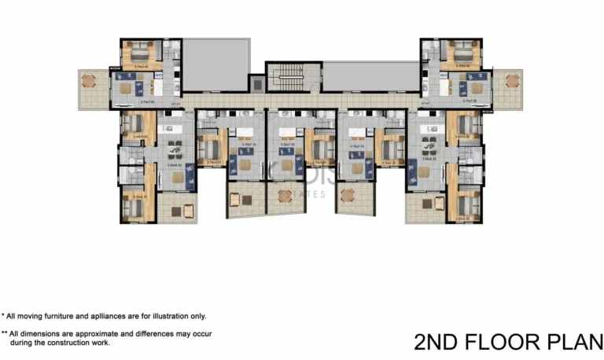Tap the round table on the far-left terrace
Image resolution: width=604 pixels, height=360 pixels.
point(88,80)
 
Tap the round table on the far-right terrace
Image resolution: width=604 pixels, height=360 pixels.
point(513,80)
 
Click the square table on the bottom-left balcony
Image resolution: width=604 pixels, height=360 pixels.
point(188,209)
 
